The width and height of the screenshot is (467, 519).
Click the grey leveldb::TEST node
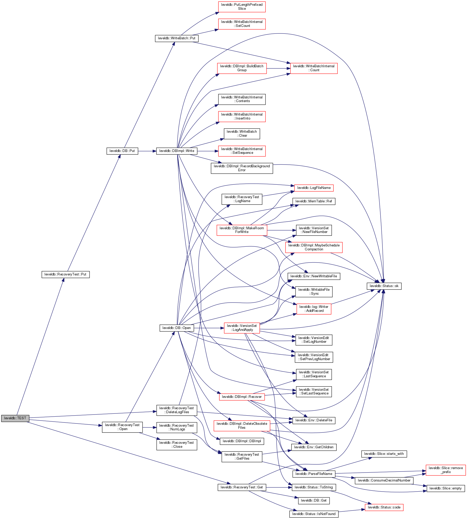pos(15,418)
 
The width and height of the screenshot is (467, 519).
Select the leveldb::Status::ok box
pos(384,286)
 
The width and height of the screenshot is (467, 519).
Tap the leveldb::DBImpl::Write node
pos(176,151)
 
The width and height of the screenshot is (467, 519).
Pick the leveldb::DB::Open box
pos(176,328)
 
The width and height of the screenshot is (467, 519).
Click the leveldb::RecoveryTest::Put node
pos(65,274)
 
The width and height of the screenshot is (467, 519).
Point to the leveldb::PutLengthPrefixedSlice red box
pos(242,7)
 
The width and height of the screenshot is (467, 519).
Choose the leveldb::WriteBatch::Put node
pos(176,38)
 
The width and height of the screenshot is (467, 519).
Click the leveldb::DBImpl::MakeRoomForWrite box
pos(242,230)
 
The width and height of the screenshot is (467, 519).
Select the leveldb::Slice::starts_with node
pos(384,454)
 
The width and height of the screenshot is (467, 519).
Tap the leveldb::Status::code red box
pos(384,507)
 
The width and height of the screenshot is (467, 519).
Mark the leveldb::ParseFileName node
pos(314,474)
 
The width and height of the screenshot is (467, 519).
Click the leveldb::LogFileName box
pos(314,188)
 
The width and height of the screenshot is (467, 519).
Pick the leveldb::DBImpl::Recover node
pos(242,397)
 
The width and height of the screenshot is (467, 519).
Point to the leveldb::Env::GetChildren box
pos(314,447)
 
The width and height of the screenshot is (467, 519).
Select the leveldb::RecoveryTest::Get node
pos(242,487)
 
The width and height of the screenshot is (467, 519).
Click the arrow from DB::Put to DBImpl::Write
pos(147,151)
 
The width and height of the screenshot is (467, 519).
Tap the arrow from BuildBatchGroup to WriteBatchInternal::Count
pos(278,69)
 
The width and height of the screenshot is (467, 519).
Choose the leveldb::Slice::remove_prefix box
pos(445,470)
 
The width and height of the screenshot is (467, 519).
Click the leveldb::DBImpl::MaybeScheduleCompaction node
pos(314,247)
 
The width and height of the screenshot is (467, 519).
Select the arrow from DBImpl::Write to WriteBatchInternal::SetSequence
pos(208,151)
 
